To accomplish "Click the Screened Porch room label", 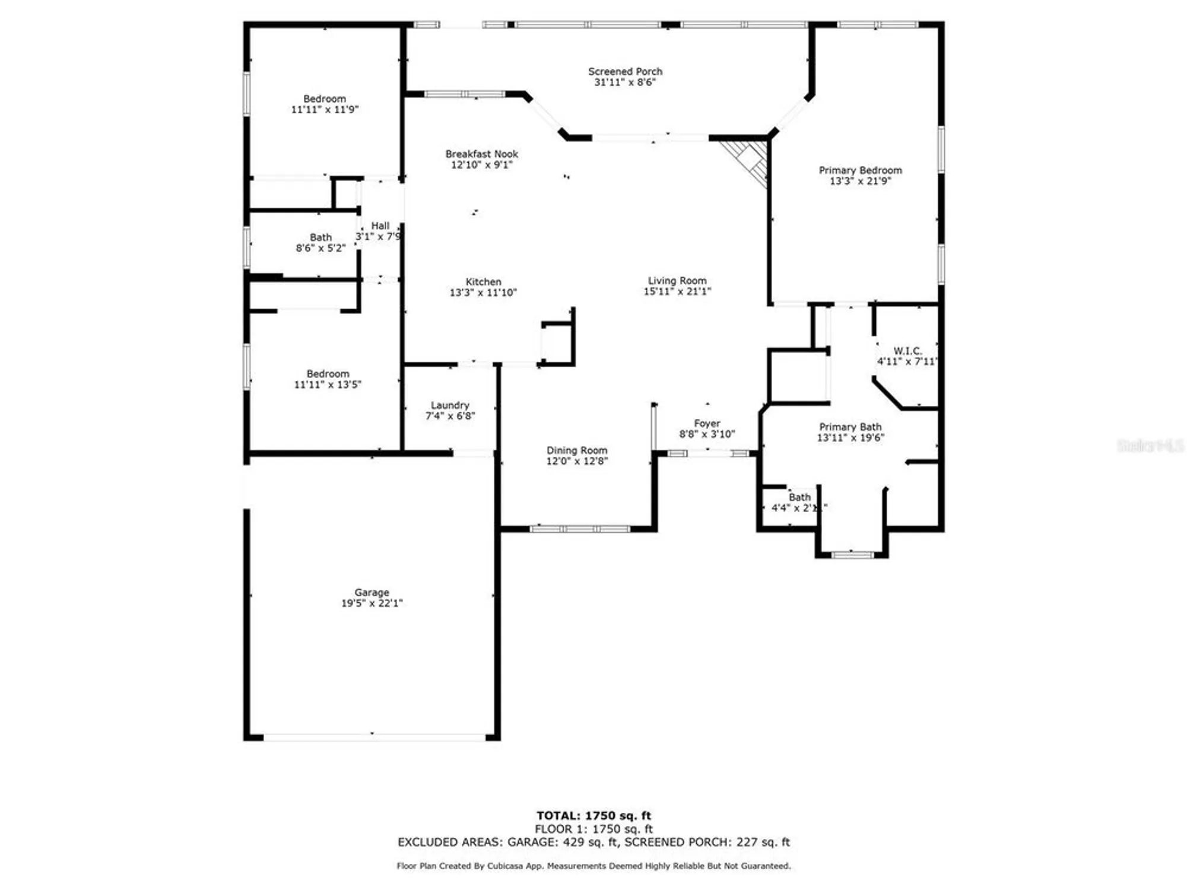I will click(x=625, y=71).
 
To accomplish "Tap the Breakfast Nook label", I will click(x=481, y=154).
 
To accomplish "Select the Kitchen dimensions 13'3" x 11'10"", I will click(x=483, y=293).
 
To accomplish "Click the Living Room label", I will click(x=677, y=281).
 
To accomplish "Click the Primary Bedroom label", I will click(x=860, y=170).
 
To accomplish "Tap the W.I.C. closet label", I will click(x=907, y=351).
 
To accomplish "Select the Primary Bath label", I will click(x=850, y=427).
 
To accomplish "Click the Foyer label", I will click(x=707, y=424).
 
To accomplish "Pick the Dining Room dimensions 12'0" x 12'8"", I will click(x=577, y=461).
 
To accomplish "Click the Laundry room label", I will click(x=450, y=405).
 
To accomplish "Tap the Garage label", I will click(x=372, y=593).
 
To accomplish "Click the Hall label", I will click(x=380, y=226).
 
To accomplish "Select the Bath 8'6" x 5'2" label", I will click(x=320, y=237).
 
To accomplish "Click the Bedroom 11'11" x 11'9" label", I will click(x=324, y=99).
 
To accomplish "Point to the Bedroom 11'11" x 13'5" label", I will click(x=328, y=374).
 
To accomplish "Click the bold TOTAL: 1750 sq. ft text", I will click(x=593, y=816).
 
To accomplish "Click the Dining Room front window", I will click(x=580, y=529).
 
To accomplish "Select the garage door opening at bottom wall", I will click(x=374, y=737).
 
